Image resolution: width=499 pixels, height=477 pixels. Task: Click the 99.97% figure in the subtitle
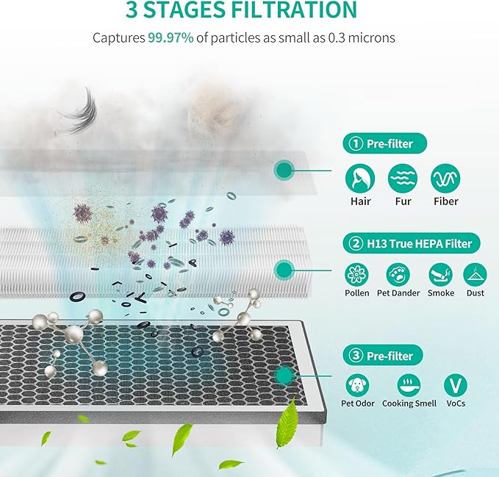(x=171, y=37)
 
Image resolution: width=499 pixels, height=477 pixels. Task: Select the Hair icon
(x=360, y=178)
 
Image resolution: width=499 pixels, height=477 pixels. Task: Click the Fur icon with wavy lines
(x=403, y=178)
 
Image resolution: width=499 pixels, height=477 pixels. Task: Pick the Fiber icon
(x=445, y=178)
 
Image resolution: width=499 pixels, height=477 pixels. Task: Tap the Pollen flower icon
(x=357, y=275)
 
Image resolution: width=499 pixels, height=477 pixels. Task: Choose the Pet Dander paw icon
(x=398, y=275)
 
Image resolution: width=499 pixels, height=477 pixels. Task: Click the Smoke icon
(x=441, y=275)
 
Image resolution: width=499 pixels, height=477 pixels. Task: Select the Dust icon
(x=475, y=275)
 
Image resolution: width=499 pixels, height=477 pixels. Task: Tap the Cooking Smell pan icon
(x=409, y=384)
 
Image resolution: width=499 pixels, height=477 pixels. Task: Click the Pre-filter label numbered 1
(x=383, y=144)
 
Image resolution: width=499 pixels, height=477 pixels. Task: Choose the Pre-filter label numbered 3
(x=383, y=356)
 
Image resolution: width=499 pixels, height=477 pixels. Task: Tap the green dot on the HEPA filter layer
(x=284, y=270)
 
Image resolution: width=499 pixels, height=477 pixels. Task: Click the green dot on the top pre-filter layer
(x=284, y=171)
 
